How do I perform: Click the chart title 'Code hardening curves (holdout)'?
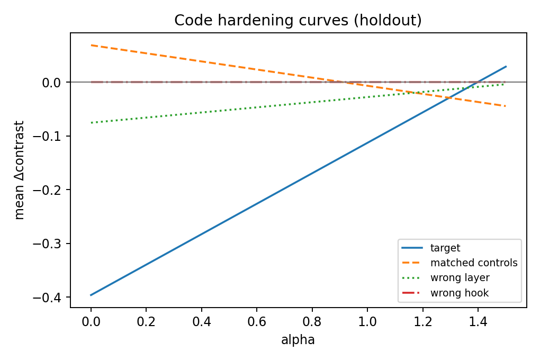[x=298, y=20]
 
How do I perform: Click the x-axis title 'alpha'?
[x=298, y=340]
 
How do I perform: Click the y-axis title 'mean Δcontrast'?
[x=20, y=170]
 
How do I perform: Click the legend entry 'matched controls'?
[x=473, y=263]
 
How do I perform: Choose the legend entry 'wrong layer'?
[x=460, y=277]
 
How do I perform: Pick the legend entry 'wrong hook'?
[x=459, y=293]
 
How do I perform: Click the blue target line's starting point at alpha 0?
[x=91, y=295]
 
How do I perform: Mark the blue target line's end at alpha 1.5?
[x=506, y=67]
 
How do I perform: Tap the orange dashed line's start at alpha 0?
[x=91, y=45]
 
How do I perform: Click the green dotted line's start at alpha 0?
[x=91, y=123]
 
